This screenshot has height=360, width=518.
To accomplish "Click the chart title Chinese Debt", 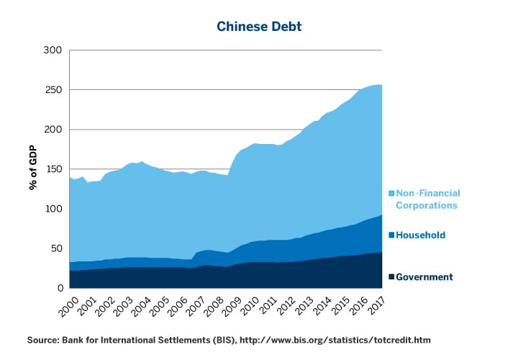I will coord(259,27).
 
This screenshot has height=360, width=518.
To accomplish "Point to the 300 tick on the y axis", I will coord(54,50).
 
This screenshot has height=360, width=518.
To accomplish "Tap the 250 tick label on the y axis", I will coord(54,90).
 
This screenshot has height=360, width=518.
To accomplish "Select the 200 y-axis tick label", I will coord(54,130).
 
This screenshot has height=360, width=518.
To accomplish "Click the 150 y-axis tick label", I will coord(54,169).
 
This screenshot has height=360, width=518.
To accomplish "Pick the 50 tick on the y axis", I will coord(57,248).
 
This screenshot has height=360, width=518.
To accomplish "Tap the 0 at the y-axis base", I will coord(60,288).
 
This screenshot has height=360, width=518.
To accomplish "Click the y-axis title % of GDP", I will coord(33,168).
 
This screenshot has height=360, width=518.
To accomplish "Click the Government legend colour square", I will coord(391,277).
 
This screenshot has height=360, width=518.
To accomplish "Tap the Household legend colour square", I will coord(391,235).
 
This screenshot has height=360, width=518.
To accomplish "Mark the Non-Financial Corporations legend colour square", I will coord(391,194).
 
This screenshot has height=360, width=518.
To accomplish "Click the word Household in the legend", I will coord(421,235).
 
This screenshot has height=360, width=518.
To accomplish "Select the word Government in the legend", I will coord(424,277).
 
